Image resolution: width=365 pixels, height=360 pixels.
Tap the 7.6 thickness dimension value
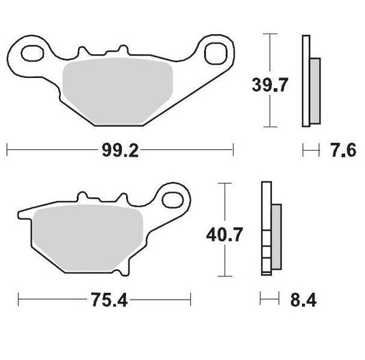pyautogui.click(x=342, y=150)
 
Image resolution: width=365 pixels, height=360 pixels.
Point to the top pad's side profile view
pyautogui.click(x=308, y=81)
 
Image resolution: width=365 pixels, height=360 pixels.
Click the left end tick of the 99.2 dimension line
pyautogui.click(x=7, y=150)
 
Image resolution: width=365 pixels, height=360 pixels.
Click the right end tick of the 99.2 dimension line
pyautogui.click(x=233, y=150)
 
